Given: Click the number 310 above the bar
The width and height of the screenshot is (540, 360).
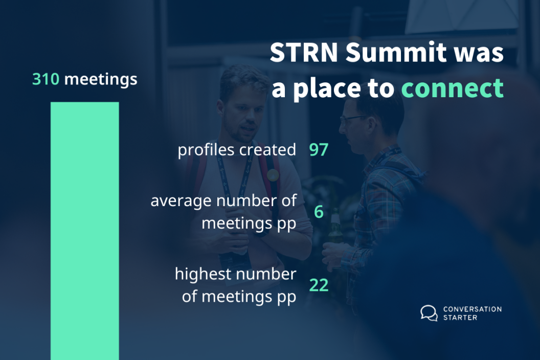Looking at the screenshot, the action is (46, 79).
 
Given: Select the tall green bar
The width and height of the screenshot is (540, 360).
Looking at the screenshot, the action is (85, 231).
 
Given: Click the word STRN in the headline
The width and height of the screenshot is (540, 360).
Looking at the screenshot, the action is (304, 52).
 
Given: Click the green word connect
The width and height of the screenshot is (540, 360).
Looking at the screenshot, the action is (453, 88).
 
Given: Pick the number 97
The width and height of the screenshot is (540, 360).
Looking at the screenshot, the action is (319, 150).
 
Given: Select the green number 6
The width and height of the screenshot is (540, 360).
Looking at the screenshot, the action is (319, 212).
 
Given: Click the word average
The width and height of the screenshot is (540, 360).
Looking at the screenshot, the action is (181, 201).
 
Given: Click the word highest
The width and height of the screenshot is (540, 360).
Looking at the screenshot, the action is (202, 275).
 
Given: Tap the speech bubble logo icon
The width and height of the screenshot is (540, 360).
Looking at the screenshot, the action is (429, 313).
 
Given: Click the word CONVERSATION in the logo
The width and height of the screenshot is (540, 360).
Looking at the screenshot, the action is (472, 309).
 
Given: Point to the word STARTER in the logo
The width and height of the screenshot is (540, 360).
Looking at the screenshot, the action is (460, 318).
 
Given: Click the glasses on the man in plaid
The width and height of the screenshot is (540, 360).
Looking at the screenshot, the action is (352, 120).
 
